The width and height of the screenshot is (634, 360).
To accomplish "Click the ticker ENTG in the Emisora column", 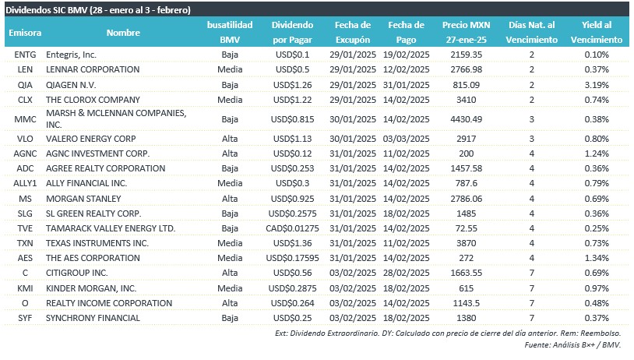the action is click(x=25, y=55).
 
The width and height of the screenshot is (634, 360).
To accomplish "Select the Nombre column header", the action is click(x=123, y=33).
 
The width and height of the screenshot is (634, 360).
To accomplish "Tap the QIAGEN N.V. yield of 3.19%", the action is click(x=597, y=85).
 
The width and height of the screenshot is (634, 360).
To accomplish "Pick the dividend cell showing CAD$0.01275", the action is click(x=292, y=228).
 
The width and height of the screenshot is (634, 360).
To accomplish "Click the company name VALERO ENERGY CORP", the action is click(x=91, y=139).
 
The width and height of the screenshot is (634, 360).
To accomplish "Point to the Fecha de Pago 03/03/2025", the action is click(x=407, y=139).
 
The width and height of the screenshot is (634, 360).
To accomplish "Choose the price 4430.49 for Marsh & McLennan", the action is click(x=467, y=119).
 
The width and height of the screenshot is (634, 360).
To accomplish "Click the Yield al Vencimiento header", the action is click(x=597, y=33).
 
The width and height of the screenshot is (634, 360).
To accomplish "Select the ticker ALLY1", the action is click(x=25, y=183).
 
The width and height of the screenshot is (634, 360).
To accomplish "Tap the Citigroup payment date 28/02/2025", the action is click(x=407, y=273).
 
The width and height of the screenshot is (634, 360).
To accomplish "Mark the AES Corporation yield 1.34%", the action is click(x=597, y=258).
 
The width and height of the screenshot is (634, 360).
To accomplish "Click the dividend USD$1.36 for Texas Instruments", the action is click(x=292, y=243).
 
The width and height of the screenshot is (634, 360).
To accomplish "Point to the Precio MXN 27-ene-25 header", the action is click(x=467, y=33).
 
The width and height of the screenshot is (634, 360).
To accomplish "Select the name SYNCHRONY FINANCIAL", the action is click(x=93, y=318).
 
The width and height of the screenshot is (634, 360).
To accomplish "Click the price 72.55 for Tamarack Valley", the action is click(x=467, y=228).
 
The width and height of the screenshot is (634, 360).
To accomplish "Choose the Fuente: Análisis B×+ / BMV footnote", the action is click(x=572, y=345).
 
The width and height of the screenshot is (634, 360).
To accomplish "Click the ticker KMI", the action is click(x=25, y=288).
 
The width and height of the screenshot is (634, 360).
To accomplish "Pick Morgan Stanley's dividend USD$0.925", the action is click(x=292, y=199).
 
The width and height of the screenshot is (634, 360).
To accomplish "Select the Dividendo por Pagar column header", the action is click(x=292, y=33).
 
